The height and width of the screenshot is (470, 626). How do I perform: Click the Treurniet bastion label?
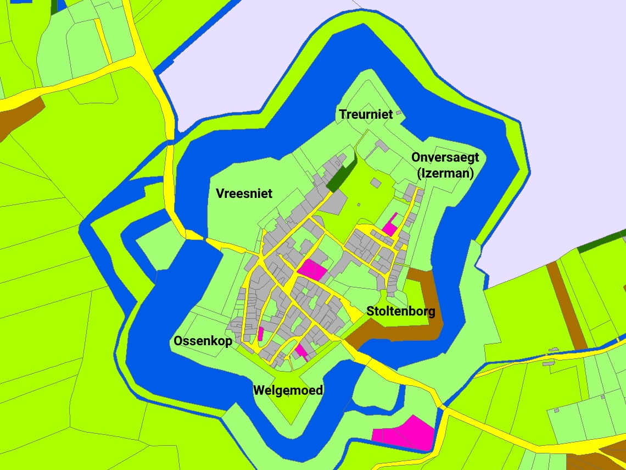[366, 114]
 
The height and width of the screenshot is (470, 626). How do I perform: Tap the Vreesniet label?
[244, 193]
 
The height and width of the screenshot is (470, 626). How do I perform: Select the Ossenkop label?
[203, 341]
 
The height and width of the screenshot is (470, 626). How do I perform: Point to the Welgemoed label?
[288, 390]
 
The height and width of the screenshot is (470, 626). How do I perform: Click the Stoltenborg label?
[401, 312]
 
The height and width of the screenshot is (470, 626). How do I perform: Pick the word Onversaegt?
[445, 157]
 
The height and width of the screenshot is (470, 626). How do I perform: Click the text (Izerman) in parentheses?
[445, 173]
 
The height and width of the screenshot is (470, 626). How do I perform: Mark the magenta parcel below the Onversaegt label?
[390, 225]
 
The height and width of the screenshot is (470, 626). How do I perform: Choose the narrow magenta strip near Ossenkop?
[261, 334]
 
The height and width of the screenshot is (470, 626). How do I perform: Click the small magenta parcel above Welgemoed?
[300, 351]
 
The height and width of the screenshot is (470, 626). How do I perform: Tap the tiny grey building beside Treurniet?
[399, 113]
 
